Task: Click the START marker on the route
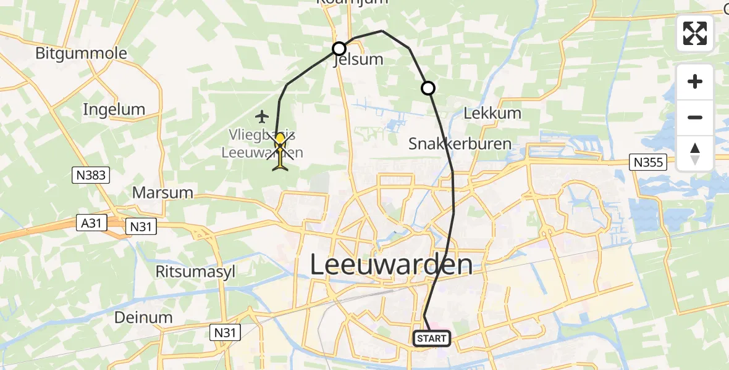431,339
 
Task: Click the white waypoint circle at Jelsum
339,49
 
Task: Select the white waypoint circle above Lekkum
428,88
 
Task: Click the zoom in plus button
695,82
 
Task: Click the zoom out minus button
695,117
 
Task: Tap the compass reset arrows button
695,154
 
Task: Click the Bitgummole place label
81,53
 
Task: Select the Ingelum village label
114,110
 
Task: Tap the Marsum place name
163,192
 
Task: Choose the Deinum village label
143,317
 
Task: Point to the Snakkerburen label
460,144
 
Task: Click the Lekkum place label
492,113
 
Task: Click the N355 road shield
647,163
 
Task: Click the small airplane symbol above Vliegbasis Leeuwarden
262,116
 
